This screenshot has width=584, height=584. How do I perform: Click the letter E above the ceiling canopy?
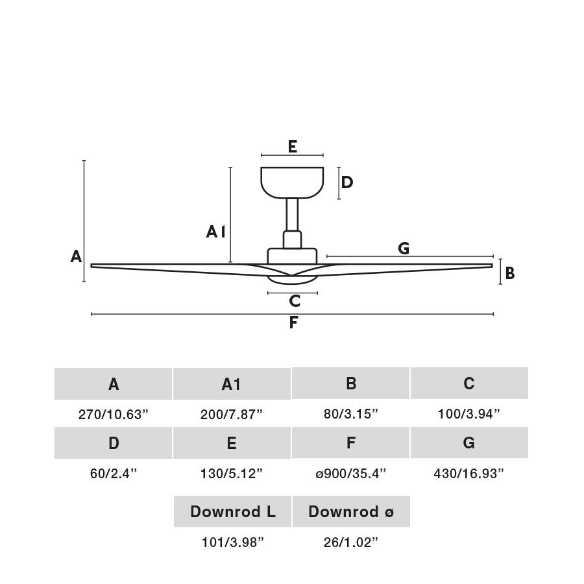tap(293, 147)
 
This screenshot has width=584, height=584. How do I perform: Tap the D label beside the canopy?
tap(347, 182)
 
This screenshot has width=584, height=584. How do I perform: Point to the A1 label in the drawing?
tap(215, 232)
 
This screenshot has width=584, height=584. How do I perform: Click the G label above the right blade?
tap(404, 248)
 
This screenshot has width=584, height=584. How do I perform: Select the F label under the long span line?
tap(293, 322)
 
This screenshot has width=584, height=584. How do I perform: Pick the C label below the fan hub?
tap(295, 300)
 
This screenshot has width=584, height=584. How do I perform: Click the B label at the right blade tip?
tap(510, 273)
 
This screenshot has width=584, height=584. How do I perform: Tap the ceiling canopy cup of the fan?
tap(292, 182)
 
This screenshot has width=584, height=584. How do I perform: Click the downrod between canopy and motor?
tap(293, 215)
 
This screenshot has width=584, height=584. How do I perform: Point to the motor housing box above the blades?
tap(293, 256)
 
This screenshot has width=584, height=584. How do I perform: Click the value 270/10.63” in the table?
tap(113, 414)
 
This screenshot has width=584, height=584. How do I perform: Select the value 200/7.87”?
tap(232, 414)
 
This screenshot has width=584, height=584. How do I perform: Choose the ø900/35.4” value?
tap(351, 474)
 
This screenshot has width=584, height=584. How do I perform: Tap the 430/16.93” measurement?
tap(469, 474)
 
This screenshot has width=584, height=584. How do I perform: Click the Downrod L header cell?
tap(232, 511)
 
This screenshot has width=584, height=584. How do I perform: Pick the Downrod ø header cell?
tap(351, 511)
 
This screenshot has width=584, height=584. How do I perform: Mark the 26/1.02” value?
tap(351, 542)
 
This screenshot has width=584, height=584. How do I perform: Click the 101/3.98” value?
tap(232, 542)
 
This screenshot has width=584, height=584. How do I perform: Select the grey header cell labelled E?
tap(232, 443)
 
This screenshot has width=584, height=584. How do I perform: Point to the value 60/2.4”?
tap(114, 474)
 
